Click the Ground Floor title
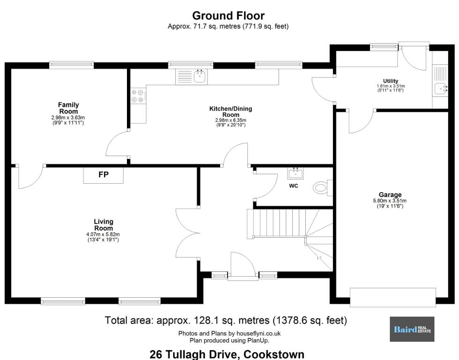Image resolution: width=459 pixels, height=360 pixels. (229, 15)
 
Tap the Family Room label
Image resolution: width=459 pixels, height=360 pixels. (68, 108)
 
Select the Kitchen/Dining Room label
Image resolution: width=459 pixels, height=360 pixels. (230, 112)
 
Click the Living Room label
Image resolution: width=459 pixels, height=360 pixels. (104, 225)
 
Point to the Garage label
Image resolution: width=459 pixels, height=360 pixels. (390, 195)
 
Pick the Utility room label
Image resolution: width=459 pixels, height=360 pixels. (391, 81)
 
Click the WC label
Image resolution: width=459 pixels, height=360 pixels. (293, 186)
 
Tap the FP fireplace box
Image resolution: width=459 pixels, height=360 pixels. (104, 175)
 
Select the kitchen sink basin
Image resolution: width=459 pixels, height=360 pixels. (200, 76)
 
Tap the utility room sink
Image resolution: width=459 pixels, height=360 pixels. (441, 88)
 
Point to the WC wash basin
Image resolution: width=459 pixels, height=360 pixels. (296, 173)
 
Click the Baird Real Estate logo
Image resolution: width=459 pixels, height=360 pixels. (412, 329)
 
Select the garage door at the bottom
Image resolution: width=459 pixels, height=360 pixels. (393, 297)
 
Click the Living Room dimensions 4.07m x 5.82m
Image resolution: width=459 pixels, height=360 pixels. (103, 234)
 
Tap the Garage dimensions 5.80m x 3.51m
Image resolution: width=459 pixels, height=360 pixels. (390, 201)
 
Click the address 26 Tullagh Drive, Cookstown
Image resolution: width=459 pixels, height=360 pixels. (227, 354)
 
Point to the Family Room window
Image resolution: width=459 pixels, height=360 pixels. (71, 65)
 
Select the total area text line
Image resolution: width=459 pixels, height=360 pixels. (226, 321)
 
